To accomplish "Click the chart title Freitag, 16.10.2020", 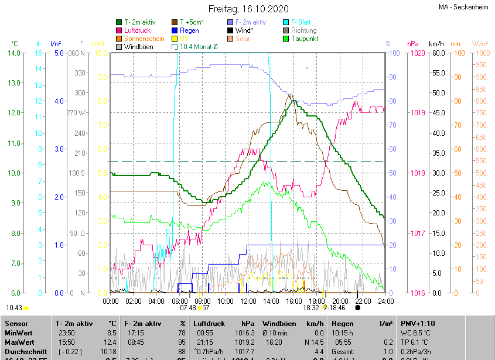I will click(x=248, y=9).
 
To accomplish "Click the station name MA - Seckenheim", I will click(x=463, y=7).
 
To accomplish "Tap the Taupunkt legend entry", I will click(x=305, y=39).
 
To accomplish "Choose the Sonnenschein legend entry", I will click(x=144, y=39).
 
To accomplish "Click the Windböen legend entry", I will click(x=138, y=47).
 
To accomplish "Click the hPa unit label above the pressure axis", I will click(x=413, y=44).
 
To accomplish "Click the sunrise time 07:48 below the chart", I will click(x=187, y=307).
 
